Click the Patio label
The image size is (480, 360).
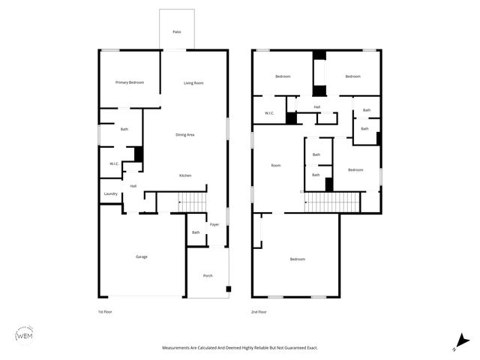(x=177, y=32)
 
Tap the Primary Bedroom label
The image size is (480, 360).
(x=129, y=82)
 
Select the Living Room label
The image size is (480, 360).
(x=193, y=83)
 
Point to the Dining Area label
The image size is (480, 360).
(x=185, y=135)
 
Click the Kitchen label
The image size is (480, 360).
(x=184, y=175)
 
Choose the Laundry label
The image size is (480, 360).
(x=111, y=193)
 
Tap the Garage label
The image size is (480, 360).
(x=141, y=256)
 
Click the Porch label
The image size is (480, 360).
(x=208, y=276)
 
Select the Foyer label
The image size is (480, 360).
(x=214, y=224)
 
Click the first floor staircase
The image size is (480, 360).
(x=191, y=202)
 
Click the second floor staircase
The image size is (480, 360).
(x=332, y=202)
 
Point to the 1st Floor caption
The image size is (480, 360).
(x=106, y=311)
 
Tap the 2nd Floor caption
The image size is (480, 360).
(x=259, y=311)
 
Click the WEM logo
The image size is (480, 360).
(x=24, y=335)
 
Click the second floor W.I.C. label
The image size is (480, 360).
(x=269, y=114)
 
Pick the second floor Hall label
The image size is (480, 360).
(x=317, y=107)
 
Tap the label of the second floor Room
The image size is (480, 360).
(x=275, y=165)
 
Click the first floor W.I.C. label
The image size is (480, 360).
(x=114, y=163)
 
